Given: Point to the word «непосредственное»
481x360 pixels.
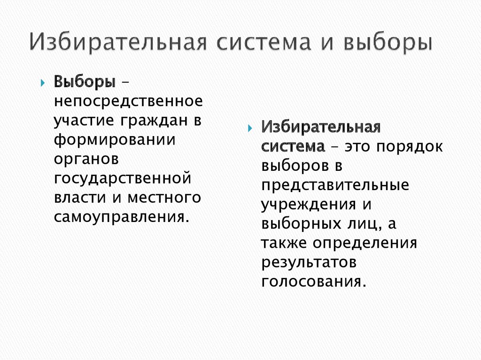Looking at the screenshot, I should coord(128,101).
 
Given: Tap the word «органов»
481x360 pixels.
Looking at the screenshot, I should coord(87,159).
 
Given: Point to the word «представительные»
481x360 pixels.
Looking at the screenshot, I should coord(335,185).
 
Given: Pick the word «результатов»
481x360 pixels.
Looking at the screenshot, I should coord(310,263).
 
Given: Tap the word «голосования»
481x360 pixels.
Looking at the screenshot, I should coord(313,283).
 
